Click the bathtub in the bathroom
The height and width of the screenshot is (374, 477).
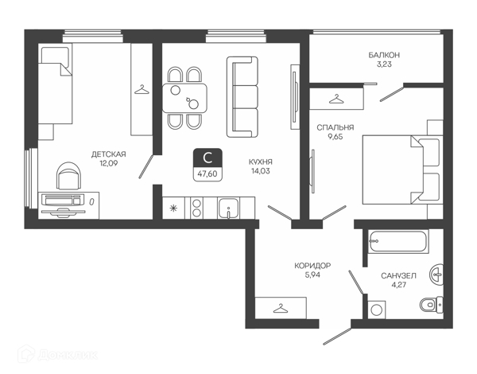click(x=398, y=242)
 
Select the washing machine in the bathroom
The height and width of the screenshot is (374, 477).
click(x=377, y=310)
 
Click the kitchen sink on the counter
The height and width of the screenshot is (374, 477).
click(x=228, y=208)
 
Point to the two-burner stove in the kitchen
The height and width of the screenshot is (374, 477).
click(x=197, y=208)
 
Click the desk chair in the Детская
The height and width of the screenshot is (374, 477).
click(x=69, y=176)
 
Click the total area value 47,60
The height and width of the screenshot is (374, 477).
click(x=207, y=174)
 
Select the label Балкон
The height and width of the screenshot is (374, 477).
click(x=384, y=55)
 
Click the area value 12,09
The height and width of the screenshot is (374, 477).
click(x=108, y=164)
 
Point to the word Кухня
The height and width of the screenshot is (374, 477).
click(x=261, y=162)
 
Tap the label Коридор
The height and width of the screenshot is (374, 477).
click(x=312, y=266)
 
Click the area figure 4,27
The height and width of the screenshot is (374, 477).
click(x=398, y=285)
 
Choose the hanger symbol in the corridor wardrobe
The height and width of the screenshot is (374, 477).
click(x=281, y=308)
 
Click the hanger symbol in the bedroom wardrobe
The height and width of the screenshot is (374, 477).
click(x=336, y=99)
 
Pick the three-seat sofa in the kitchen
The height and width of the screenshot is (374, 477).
click(x=242, y=96)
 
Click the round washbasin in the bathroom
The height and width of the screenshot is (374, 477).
click(x=436, y=275)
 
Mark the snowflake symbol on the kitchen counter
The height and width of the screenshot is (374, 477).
click(x=173, y=208)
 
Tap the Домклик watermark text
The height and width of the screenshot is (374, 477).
click(x=68, y=355)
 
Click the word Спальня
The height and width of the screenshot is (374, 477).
click(x=335, y=127)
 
